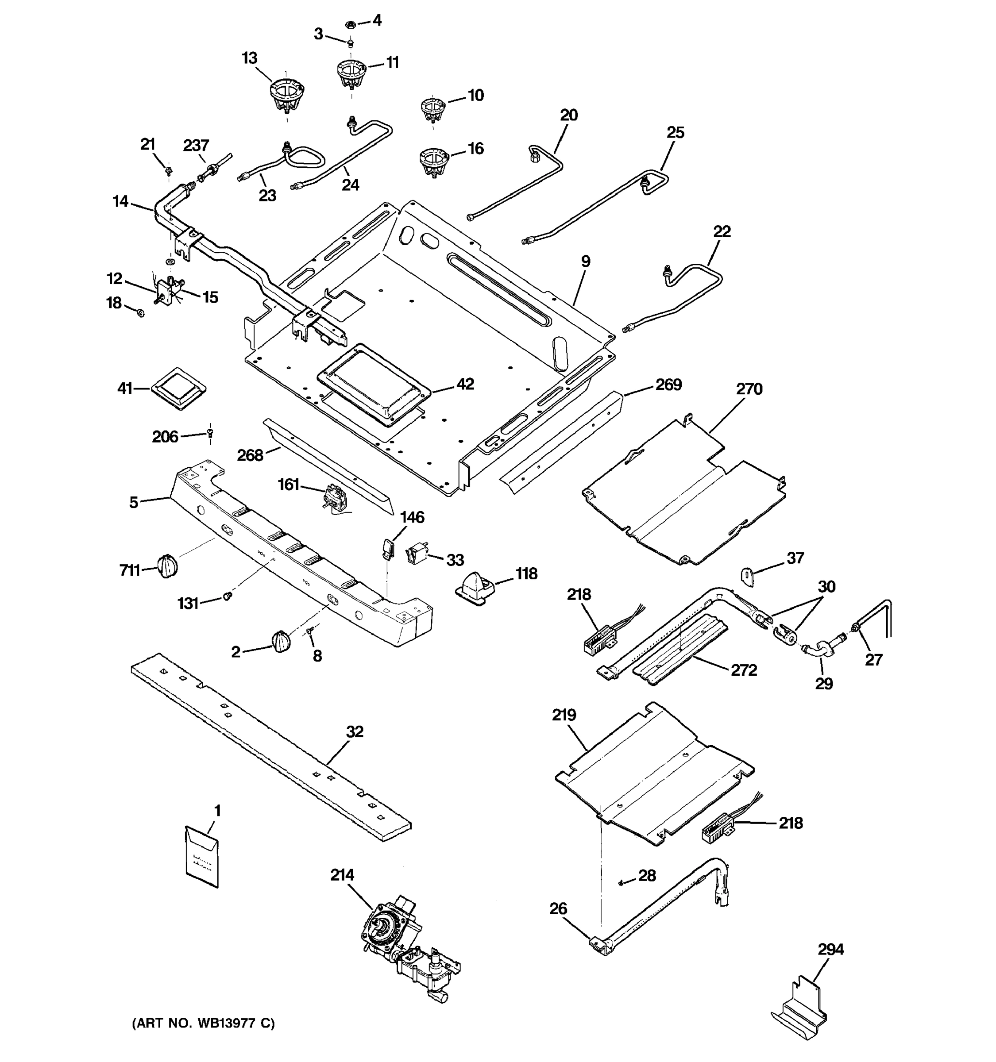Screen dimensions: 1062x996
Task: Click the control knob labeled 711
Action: coord(167,565)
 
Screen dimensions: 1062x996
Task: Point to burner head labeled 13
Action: coord(284,94)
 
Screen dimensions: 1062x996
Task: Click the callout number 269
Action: coord(668,385)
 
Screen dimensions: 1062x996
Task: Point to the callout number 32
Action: coord(354,732)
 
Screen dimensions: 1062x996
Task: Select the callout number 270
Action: coord(749,389)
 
